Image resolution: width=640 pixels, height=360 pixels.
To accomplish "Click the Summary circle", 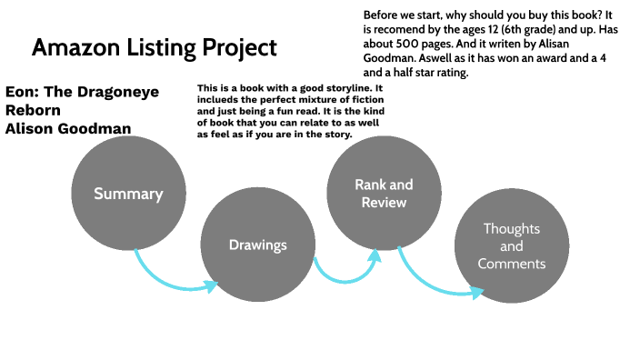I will [128, 194].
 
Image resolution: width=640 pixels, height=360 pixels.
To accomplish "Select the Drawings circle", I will [257, 245].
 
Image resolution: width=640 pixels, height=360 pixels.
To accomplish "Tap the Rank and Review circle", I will [383, 194].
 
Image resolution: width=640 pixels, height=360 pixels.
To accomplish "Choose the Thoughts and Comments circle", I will [511, 246].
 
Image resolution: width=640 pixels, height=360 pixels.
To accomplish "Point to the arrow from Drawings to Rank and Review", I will [345, 271].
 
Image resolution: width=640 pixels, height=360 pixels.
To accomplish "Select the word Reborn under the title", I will [34, 110].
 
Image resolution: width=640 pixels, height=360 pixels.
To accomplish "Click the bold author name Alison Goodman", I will [68, 128].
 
